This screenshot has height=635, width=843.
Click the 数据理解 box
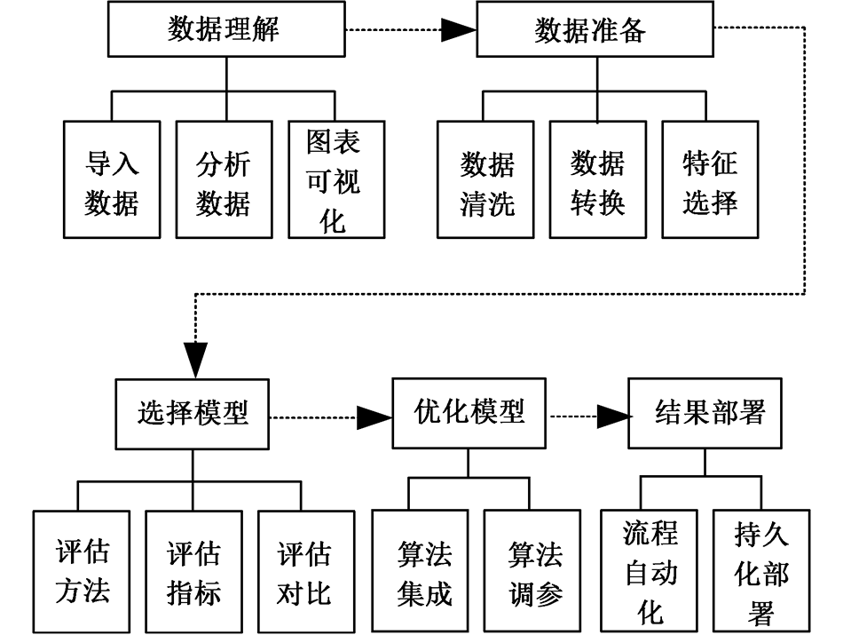click(x=225, y=30)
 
